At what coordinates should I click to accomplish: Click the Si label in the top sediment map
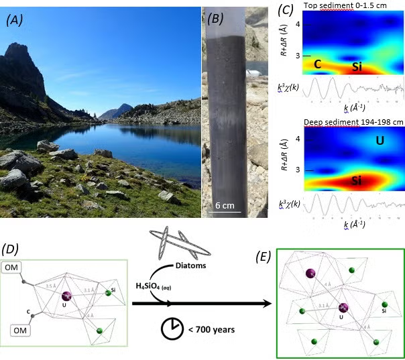pos(357,67)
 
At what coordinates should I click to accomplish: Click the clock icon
pos(172,328)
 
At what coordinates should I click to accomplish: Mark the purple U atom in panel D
pos(66,295)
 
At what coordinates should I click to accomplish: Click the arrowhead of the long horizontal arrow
pos(268,303)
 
